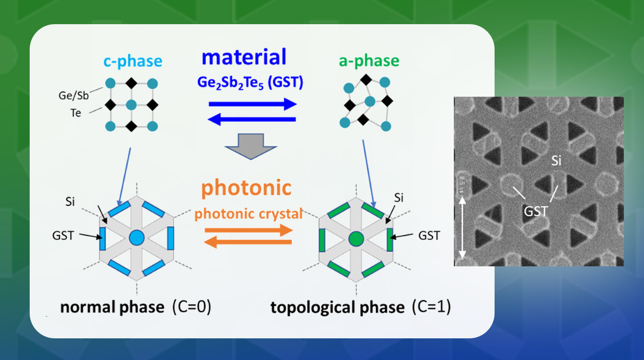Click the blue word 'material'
pyautogui.click(x=244, y=57)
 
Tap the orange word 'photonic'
pyautogui.click(x=247, y=188)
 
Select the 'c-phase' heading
pyautogui.click(x=133, y=61)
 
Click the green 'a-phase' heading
pyautogui.click(x=369, y=61)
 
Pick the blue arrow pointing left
pyautogui.click(x=252, y=119)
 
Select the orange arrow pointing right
pyautogui.click(x=248, y=231)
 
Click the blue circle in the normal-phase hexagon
pyautogui.click(x=136, y=238)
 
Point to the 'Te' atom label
pyautogui.click(x=75, y=113)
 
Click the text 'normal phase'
pyautogui.click(x=112, y=307)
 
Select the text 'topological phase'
pyautogui.click(x=337, y=307)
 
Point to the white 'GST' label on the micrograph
pyautogui.click(x=536, y=211)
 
